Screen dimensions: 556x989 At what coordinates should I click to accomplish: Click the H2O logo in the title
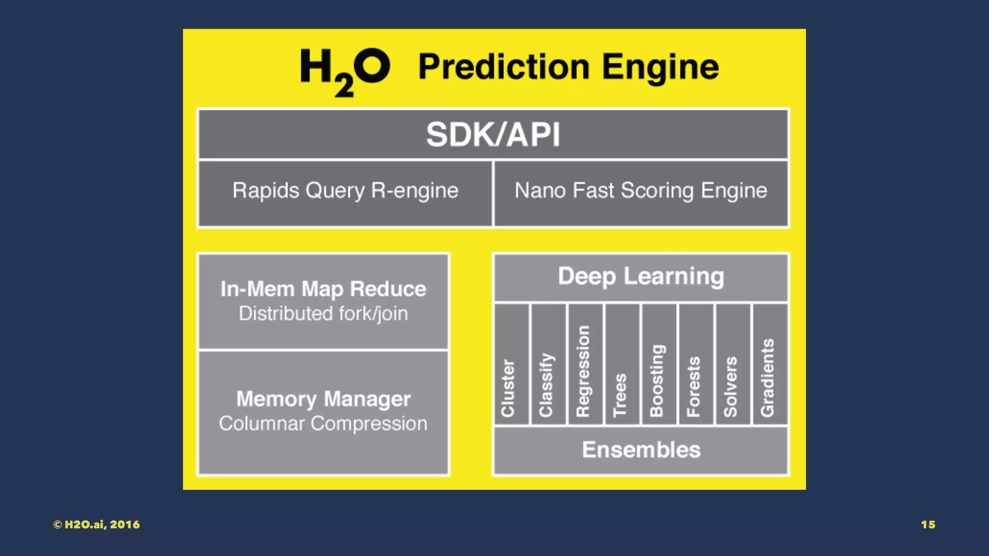pyautogui.click(x=345, y=70)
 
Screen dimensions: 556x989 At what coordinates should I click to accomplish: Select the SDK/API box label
pyautogui.click(x=493, y=134)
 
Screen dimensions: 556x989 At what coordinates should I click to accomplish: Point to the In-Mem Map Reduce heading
pyautogui.click(x=323, y=289)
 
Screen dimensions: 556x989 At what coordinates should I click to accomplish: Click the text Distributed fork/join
pyautogui.click(x=323, y=314)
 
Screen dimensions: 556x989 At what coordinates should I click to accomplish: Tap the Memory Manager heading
pyautogui.click(x=323, y=399)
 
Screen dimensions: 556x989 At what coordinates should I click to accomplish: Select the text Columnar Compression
pyautogui.click(x=323, y=424)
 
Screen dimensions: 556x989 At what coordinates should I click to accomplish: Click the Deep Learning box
pyautogui.click(x=641, y=277)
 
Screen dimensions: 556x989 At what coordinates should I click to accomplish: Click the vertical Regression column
pyautogui.click(x=585, y=365)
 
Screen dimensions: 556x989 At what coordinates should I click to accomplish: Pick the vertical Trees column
pyautogui.click(x=622, y=365)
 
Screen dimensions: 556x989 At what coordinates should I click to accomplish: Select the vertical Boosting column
pyautogui.click(x=659, y=365)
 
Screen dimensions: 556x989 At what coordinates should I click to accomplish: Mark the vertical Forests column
pyautogui.click(x=695, y=365)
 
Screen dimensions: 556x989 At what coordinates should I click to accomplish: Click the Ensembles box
pyautogui.click(x=641, y=450)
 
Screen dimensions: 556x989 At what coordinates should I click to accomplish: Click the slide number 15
pyautogui.click(x=928, y=525)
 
